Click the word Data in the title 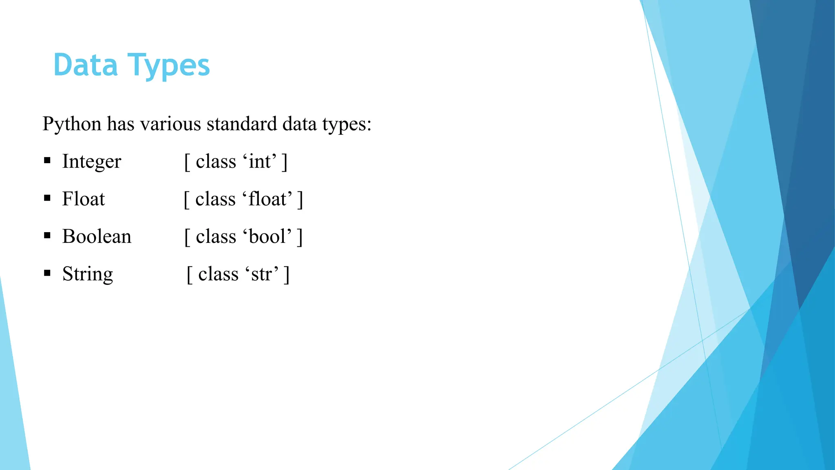[x=86, y=65]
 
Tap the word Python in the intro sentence [x=72, y=124]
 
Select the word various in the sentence [x=171, y=124]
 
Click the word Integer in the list [x=92, y=162]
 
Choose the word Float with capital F [x=84, y=199]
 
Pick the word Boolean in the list [x=97, y=237]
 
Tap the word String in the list [x=88, y=275]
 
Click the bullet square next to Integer [x=47, y=161]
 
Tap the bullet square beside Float [x=47, y=198]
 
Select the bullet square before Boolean [x=47, y=236]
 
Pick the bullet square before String [x=47, y=273]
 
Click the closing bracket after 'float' [x=300, y=200]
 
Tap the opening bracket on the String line [x=189, y=275]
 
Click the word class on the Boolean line [x=216, y=237]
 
